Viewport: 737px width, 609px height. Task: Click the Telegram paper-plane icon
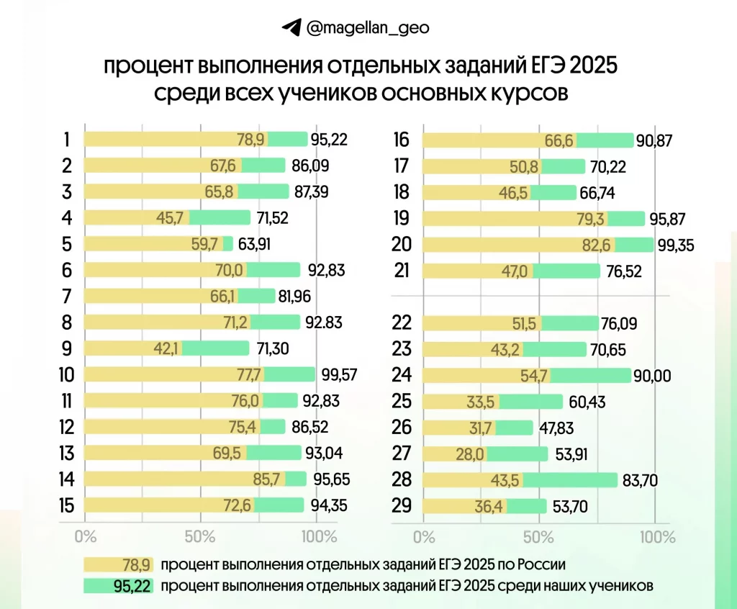pyautogui.click(x=291, y=28)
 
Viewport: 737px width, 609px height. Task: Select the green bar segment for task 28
pyautogui.click(x=570, y=480)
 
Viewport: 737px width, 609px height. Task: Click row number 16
pyautogui.click(x=402, y=140)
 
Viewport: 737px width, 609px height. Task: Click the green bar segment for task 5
pyautogui.click(x=227, y=243)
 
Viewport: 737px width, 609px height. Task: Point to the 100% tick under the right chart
pyautogui.click(x=656, y=537)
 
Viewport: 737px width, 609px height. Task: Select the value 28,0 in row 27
pyautogui.click(x=473, y=454)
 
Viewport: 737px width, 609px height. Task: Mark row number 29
pyautogui.click(x=402, y=506)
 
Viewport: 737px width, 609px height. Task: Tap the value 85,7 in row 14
pyautogui.click(x=270, y=479)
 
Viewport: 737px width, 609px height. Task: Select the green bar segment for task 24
pyautogui.click(x=590, y=375)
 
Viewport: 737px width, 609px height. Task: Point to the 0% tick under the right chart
pyautogui.click(x=425, y=537)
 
